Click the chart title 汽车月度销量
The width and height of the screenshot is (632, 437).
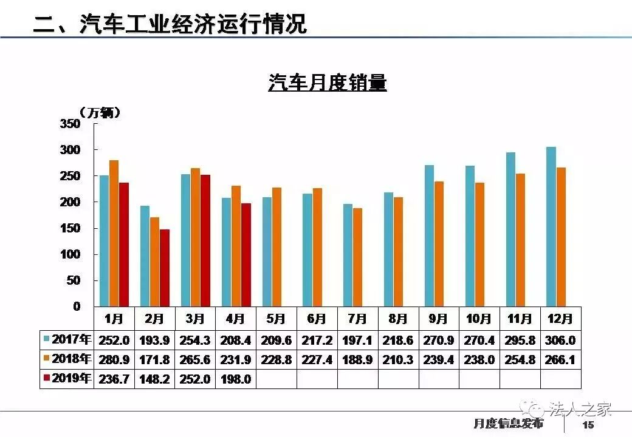point(327,83)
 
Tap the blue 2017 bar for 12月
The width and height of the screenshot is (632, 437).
point(551,226)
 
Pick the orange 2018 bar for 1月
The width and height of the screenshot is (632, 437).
point(114,233)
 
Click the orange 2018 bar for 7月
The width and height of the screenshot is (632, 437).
point(357,257)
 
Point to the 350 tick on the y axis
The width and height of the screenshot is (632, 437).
point(70,124)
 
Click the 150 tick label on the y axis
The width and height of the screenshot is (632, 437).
point(70,228)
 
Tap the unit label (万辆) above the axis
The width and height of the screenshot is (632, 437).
point(100,112)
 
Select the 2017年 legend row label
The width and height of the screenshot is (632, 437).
point(67,339)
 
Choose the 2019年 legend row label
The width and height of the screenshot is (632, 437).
point(67,379)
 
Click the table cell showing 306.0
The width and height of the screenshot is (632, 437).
point(561,340)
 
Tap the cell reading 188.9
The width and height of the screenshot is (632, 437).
point(357,360)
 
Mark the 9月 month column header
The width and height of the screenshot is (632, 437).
point(438,319)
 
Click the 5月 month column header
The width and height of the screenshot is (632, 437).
point(276,319)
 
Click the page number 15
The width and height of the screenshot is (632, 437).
point(588,424)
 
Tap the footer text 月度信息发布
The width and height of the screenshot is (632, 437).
point(508,424)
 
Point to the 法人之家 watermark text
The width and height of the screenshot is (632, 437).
point(580,408)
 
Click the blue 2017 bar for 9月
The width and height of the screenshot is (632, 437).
point(429,235)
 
